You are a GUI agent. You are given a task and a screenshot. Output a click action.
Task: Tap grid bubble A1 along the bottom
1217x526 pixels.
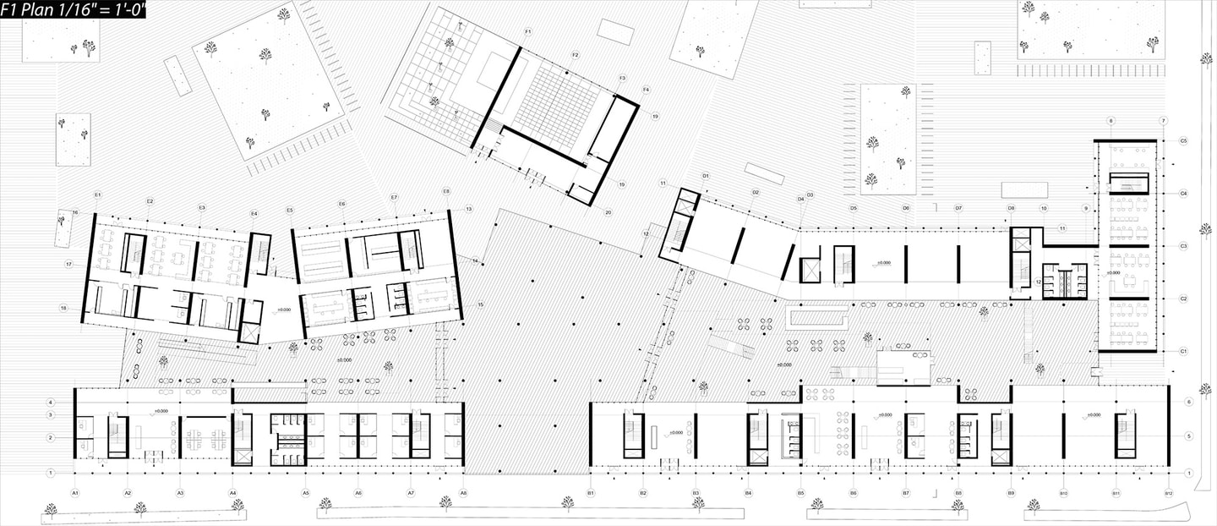(75, 492)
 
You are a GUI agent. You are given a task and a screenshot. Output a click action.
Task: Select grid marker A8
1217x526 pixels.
(463, 492)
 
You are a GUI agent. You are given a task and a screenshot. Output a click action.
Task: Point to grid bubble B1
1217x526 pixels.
(591, 492)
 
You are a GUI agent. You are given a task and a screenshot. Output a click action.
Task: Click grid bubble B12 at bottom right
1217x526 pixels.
(1169, 492)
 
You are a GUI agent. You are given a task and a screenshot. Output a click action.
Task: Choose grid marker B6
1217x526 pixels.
(853, 492)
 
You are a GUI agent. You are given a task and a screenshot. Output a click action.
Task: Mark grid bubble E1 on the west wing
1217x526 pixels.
(98, 195)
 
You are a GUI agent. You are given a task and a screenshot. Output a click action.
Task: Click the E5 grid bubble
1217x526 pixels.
(290, 210)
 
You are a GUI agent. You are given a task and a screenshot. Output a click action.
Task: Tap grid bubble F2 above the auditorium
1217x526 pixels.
(576, 55)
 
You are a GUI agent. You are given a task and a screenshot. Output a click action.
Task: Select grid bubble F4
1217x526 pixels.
(646, 90)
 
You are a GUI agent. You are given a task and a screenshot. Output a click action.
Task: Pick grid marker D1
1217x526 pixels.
(705, 176)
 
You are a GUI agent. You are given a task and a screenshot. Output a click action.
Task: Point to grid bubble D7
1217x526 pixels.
(958, 208)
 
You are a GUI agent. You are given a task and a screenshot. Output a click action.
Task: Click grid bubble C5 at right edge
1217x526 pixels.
(1184, 140)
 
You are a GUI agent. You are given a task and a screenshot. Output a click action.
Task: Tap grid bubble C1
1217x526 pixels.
(1184, 351)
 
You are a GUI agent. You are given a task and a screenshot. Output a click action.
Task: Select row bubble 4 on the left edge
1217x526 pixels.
(51, 402)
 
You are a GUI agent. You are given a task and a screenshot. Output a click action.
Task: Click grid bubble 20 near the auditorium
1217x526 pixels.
(608, 212)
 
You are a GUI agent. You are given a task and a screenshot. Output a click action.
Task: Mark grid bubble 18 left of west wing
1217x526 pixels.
(63, 309)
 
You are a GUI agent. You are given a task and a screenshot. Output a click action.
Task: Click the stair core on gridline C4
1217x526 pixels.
(1129, 183)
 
